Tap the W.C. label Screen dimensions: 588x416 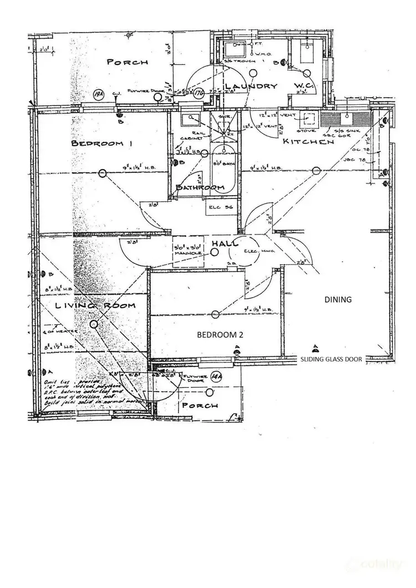click(x=305, y=87)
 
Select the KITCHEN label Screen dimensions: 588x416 click(x=308, y=142)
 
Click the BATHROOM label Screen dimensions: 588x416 click(x=200, y=188)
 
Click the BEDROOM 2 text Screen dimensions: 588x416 click(x=221, y=335)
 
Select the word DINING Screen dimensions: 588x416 click(x=338, y=299)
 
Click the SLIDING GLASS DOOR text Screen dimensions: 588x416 click(x=331, y=359)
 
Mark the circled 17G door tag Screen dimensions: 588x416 click(x=200, y=93)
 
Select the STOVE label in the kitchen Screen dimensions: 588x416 click(x=309, y=131)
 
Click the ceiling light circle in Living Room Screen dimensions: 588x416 click(x=94, y=324)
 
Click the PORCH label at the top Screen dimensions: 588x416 click(x=128, y=62)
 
